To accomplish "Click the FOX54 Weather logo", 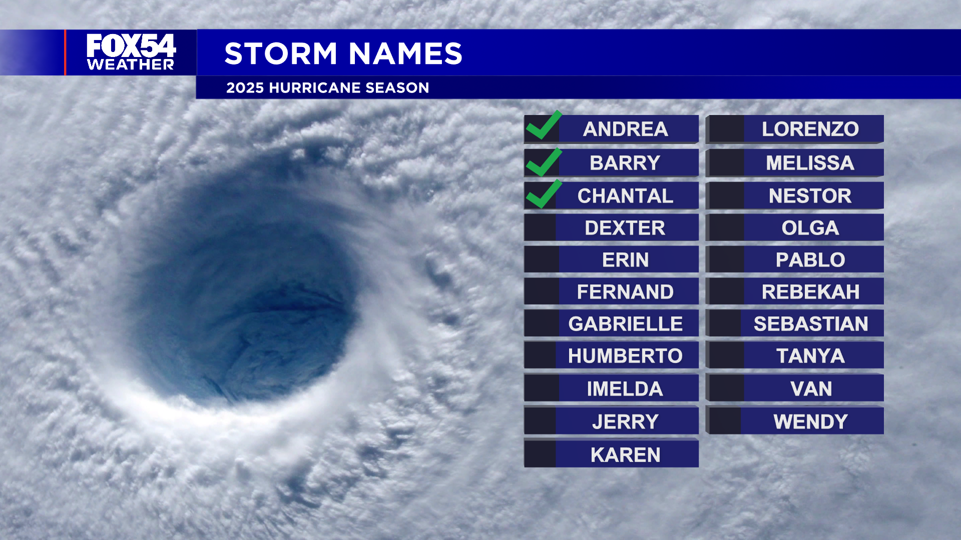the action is click(x=131, y=52).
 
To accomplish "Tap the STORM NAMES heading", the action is click(x=343, y=53).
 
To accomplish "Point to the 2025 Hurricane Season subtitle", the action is click(x=327, y=88).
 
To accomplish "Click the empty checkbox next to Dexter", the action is click(x=540, y=228).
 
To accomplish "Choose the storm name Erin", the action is click(x=625, y=260).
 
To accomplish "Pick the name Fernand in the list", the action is click(x=625, y=292).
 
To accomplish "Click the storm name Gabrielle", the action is click(x=625, y=324).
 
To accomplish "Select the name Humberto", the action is click(x=625, y=356).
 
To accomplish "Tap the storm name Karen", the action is click(x=625, y=455).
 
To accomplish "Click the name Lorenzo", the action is click(x=810, y=129).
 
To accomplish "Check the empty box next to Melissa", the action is click(x=725, y=163).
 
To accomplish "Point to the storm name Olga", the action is click(x=810, y=228).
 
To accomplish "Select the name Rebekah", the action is click(x=810, y=292).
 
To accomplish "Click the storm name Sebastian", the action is click(x=811, y=324).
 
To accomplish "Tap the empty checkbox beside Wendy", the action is click(x=724, y=421).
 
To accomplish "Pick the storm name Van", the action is click(x=811, y=389).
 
